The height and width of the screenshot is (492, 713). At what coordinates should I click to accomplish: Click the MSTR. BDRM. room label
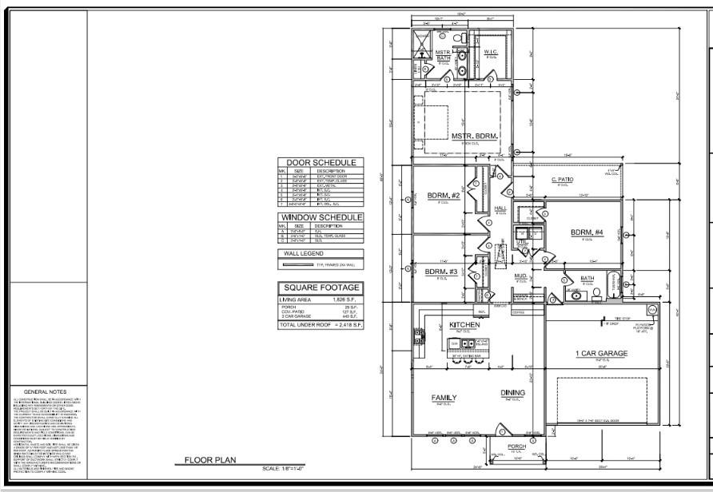(x=475, y=137)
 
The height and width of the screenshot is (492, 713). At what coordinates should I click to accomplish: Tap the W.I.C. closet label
(x=492, y=52)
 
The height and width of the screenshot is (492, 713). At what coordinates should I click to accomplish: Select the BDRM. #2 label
(x=441, y=196)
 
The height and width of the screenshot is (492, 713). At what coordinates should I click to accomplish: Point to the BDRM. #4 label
(x=587, y=232)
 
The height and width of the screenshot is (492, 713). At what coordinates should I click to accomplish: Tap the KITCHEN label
(x=464, y=325)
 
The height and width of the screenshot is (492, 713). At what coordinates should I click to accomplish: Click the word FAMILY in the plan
(x=444, y=397)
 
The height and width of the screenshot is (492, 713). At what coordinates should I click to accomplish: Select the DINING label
(x=512, y=392)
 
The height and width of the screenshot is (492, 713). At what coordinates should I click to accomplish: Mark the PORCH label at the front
(x=516, y=446)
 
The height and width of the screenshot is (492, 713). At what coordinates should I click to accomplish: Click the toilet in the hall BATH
(x=595, y=293)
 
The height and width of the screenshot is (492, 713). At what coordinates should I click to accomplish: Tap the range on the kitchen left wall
(x=417, y=339)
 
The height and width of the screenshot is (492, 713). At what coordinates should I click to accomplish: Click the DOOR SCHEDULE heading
(x=321, y=163)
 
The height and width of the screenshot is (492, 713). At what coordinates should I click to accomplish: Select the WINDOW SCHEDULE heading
(x=321, y=217)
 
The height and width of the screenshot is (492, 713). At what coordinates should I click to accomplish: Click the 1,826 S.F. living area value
(x=345, y=299)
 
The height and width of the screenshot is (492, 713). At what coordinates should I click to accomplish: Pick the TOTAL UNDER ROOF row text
(x=321, y=325)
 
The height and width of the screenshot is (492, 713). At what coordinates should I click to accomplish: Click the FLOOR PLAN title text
(x=209, y=461)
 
